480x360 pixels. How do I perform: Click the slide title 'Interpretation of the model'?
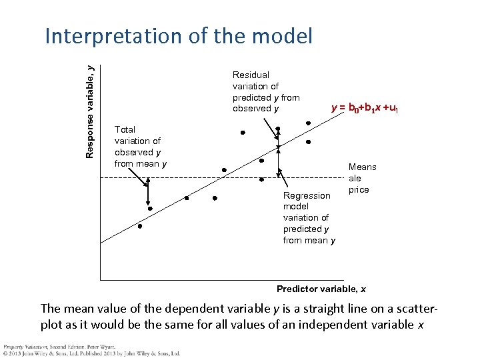(178, 36)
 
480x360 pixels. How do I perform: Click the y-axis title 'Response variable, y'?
(91, 111)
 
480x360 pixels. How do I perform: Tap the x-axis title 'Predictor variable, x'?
(321, 289)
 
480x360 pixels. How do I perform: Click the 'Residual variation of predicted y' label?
(266, 92)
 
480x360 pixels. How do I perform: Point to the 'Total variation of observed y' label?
(141, 147)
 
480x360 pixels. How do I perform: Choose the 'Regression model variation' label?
(309, 218)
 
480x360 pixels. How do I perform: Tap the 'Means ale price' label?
(362, 178)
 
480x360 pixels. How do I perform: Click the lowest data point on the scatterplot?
(140, 226)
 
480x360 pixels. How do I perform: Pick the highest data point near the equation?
(308, 123)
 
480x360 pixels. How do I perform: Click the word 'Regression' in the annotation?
(307, 195)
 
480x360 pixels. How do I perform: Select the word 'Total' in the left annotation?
(125, 129)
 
